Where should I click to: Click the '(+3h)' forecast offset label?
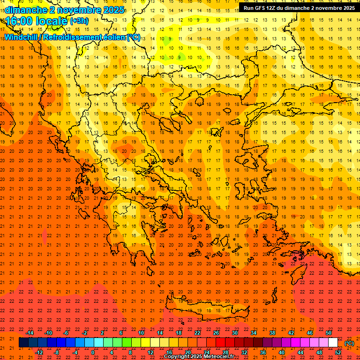[78, 21]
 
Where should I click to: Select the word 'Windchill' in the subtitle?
[22, 37]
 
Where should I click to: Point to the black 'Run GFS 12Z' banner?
[299, 7]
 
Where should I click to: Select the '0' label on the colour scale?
[93, 352]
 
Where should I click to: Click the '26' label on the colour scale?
[216, 333]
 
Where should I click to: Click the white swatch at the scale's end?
[333, 343]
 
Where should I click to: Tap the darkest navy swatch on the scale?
[23, 343]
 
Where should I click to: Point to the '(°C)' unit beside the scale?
[349, 343]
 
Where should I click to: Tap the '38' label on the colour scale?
[272, 333]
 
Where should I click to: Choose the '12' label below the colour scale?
[150, 352]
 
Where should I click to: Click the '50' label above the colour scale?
[329, 333]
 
